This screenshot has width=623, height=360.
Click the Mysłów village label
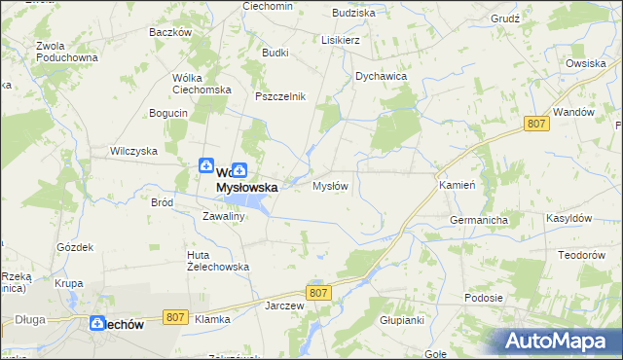(x=329, y=186)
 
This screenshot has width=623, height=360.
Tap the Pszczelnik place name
(x=280, y=96)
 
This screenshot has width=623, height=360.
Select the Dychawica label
(x=381, y=75)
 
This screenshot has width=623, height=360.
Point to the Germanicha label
(x=479, y=221)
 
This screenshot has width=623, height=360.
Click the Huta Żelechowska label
(x=218, y=260)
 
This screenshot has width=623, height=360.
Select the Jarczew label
(x=285, y=305)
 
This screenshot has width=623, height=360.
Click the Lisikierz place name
(x=341, y=41)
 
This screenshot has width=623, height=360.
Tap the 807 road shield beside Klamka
(x=175, y=316)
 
